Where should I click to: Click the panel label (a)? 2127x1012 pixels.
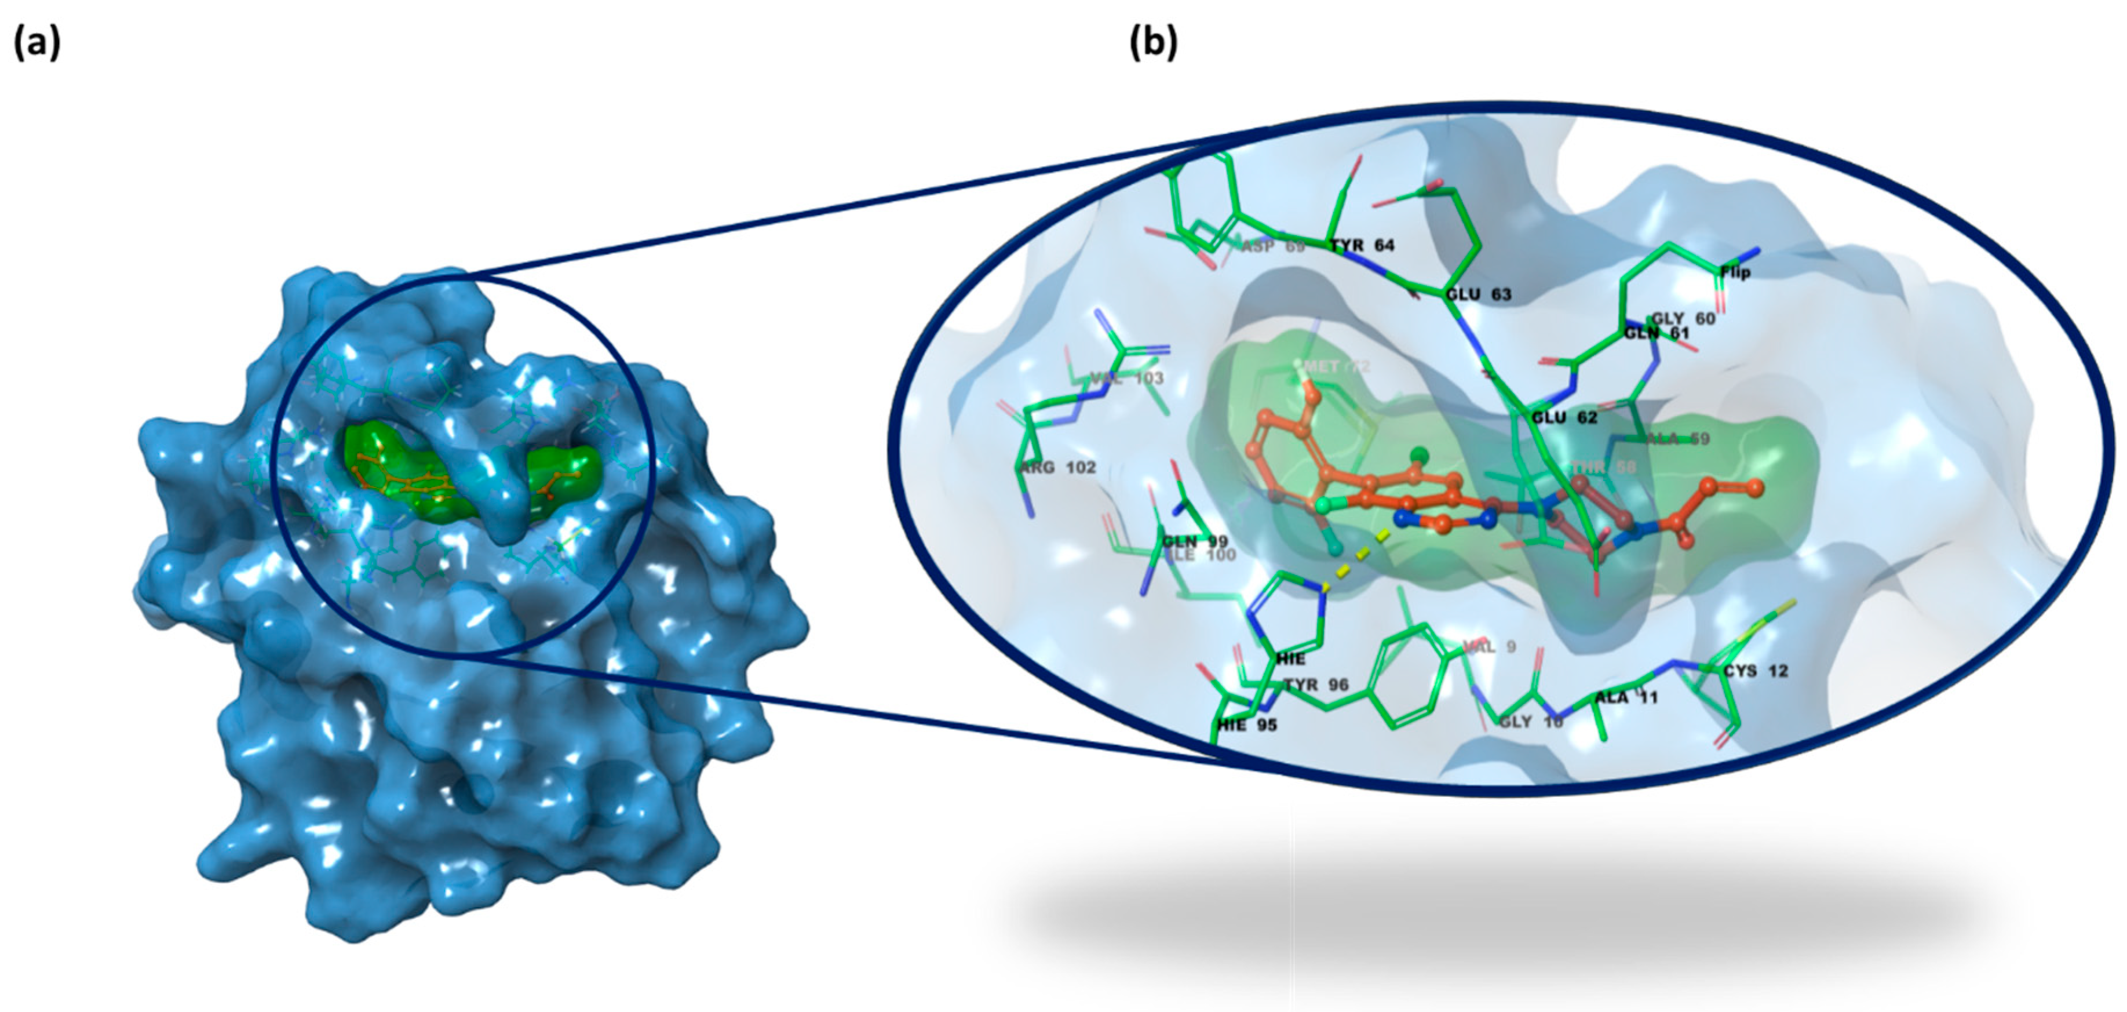(37, 43)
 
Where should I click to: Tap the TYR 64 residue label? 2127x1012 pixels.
(1362, 245)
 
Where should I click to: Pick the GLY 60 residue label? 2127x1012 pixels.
(1683, 319)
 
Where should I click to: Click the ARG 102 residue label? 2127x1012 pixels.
(1058, 468)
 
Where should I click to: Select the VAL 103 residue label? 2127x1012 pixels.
(1126, 378)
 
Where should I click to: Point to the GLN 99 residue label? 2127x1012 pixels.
(1195, 542)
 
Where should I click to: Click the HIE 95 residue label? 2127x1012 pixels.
(1247, 725)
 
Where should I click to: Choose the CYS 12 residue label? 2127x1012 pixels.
(1756, 671)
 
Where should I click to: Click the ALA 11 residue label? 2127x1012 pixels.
(1626, 698)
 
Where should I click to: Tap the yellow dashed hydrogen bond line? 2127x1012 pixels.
(1363, 554)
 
